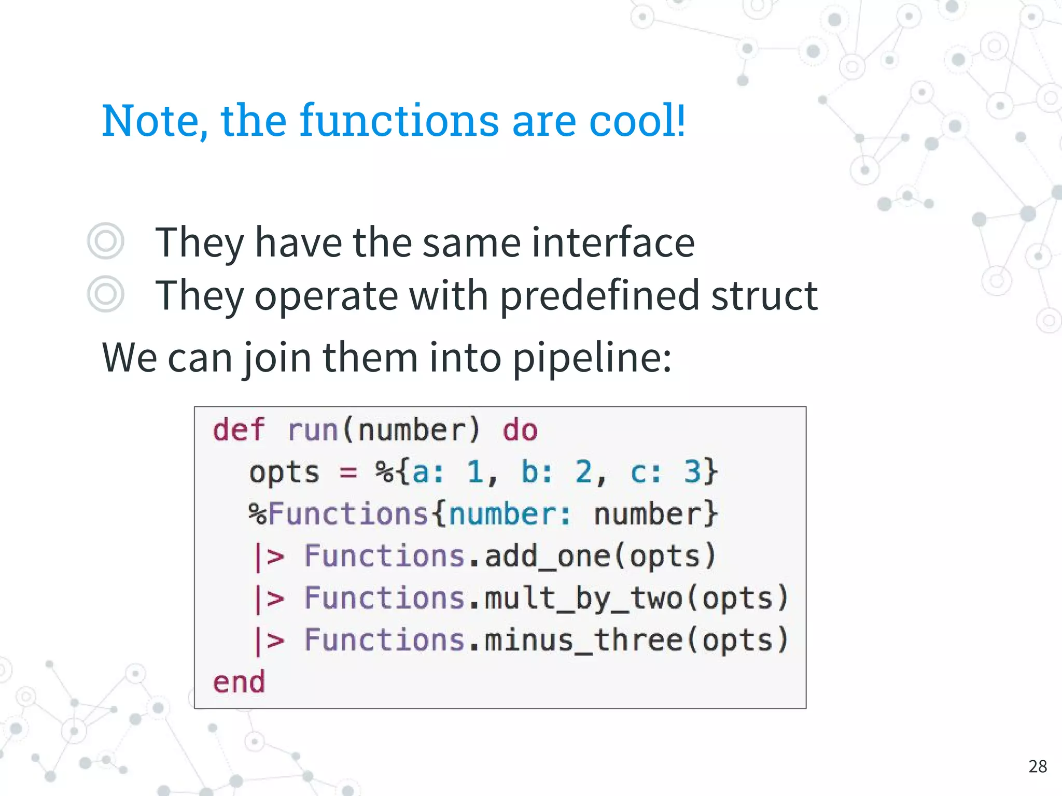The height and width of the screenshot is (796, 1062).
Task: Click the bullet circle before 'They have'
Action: click(106, 241)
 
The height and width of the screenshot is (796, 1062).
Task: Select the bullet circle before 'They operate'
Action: click(106, 294)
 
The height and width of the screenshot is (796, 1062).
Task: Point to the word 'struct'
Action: click(764, 295)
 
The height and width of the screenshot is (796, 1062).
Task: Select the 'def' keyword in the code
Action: click(238, 430)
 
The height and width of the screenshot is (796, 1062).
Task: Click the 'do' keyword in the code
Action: click(520, 430)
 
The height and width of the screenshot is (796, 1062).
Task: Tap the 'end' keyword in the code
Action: click(239, 682)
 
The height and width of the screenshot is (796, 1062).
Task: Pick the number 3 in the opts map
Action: click(692, 472)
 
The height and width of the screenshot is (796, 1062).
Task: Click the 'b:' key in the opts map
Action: click(537, 472)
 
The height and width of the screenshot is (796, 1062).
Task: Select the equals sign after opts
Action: click(348, 472)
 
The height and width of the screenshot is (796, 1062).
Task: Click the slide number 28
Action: click(1038, 766)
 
